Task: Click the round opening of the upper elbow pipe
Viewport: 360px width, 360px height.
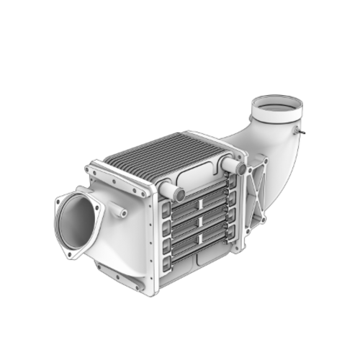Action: click(276, 108)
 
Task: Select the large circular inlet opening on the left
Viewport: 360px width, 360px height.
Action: click(78, 224)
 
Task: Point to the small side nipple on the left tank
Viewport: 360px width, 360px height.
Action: click(120, 212)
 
